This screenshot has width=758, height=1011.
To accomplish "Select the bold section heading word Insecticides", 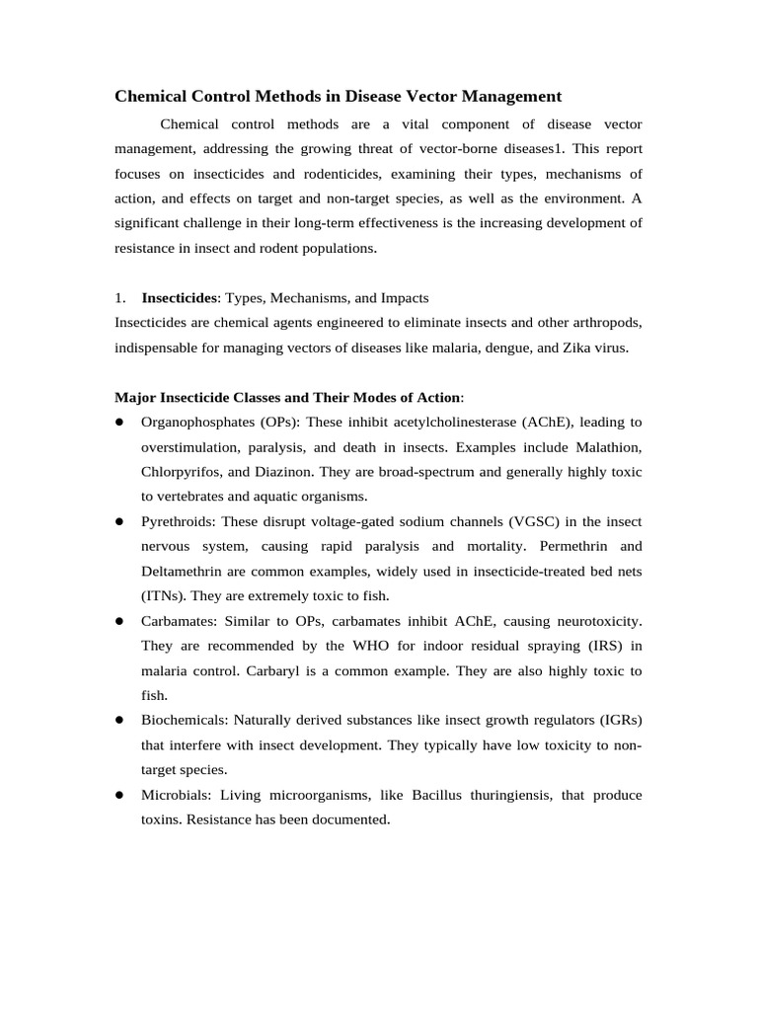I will (179, 297).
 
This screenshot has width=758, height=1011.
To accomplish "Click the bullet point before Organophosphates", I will (118, 422).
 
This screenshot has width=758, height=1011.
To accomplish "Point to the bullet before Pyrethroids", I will (118, 521).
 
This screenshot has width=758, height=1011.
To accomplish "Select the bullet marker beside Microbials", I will (118, 795).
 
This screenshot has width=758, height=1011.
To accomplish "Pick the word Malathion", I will (604, 446).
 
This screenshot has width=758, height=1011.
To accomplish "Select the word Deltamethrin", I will (185, 571).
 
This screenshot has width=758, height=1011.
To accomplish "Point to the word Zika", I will (569, 348).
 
